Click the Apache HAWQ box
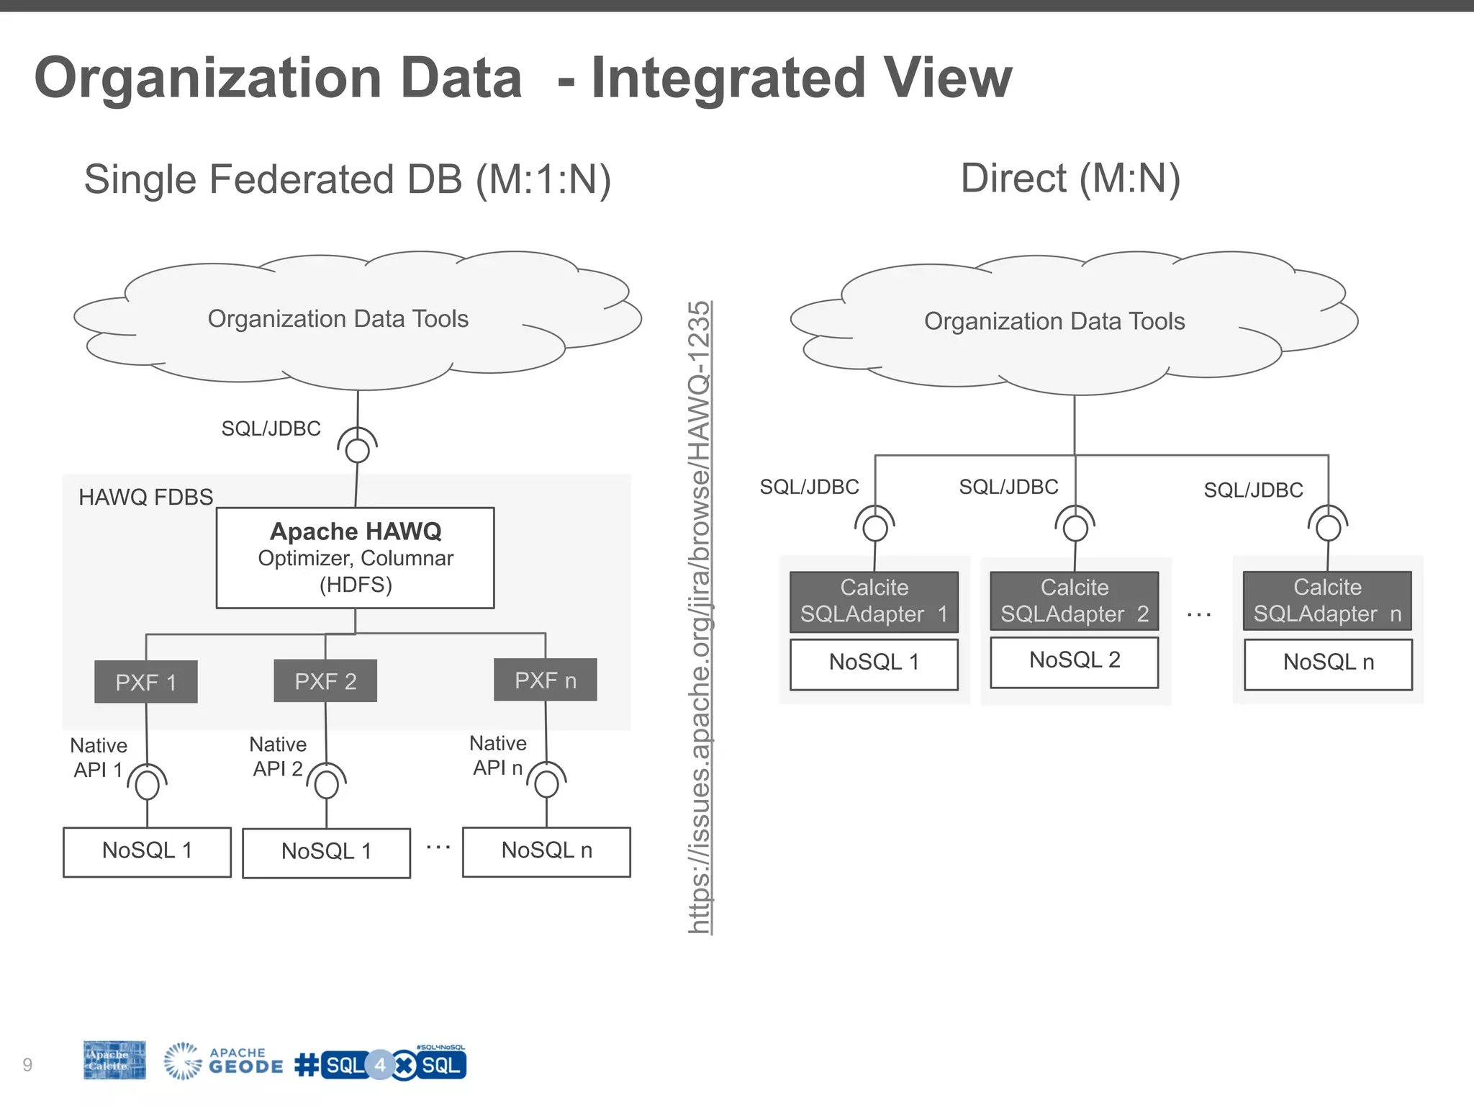coord(355,558)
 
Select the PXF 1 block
coord(146,682)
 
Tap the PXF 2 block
coord(325,681)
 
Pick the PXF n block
coord(546,680)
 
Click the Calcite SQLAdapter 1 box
coord(874,601)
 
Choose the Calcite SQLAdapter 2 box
coord(1074,601)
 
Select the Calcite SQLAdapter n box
coord(1327,601)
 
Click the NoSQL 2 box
coord(1074,660)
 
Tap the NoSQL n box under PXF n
coord(546,851)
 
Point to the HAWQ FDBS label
coord(146,497)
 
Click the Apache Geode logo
coord(223,1062)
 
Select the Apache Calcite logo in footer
coord(114,1061)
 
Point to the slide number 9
coord(27,1064)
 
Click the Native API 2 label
coord(278,756)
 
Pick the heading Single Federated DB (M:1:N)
coord(348,179)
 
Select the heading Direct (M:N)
coord(1070,179)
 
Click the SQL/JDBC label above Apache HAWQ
coord(271,428)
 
